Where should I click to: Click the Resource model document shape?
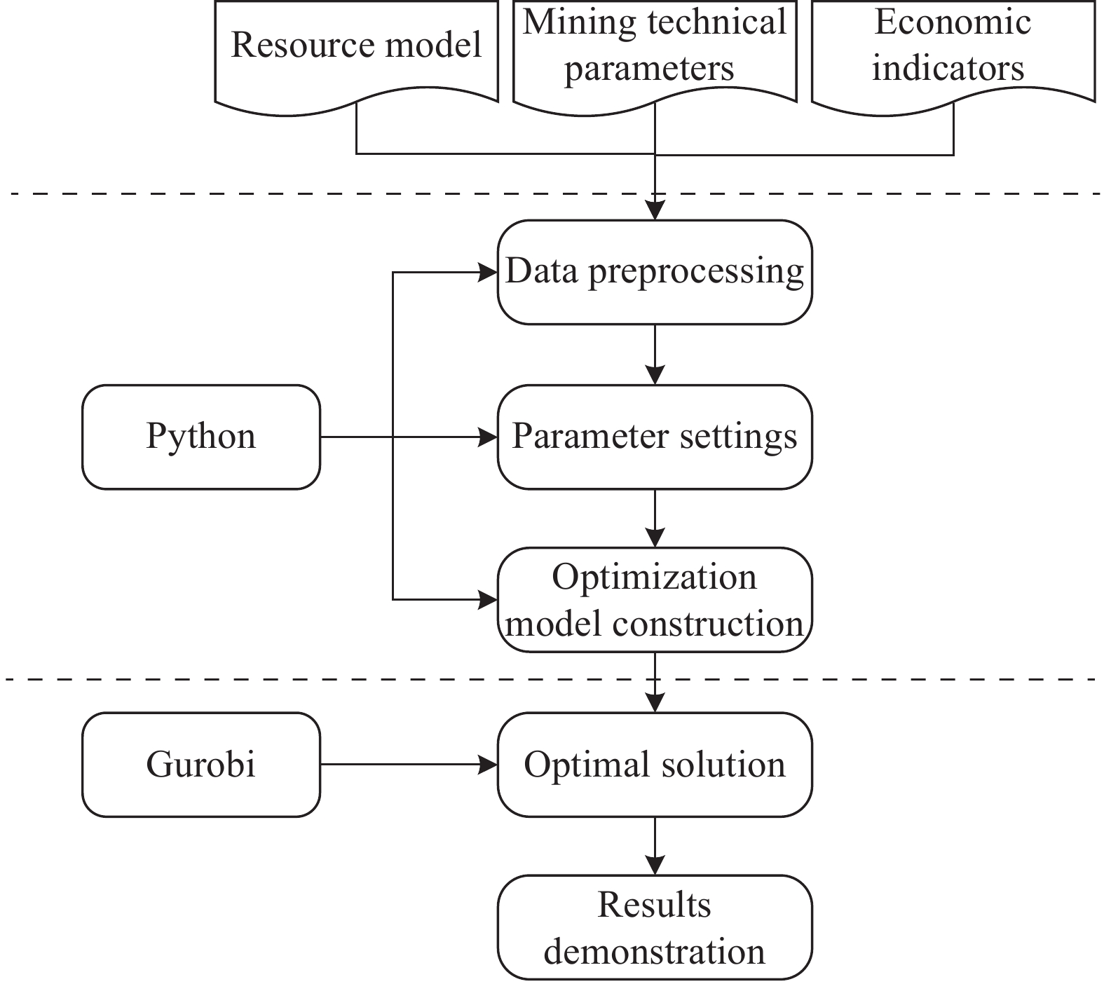(356, 53)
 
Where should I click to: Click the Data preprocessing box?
(655, 272)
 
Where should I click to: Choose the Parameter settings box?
(655, 437)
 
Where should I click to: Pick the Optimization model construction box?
(655, 600)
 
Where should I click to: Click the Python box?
(201, 437)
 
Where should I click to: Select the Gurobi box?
(201, 765)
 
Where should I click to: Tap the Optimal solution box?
(655, 765)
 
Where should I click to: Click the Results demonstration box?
(655, 927)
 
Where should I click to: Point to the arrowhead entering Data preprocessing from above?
(655, 211)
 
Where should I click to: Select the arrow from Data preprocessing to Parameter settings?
(655, 355)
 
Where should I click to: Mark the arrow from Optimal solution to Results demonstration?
(655, 846)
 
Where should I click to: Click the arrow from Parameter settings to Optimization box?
(655, 519)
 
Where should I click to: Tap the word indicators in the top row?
(948, 69)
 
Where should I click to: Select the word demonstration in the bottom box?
(655, 952)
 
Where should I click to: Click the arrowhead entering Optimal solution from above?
(655, 704)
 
